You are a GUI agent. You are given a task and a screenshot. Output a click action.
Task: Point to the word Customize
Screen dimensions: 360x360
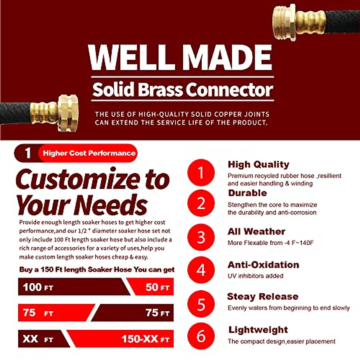78,179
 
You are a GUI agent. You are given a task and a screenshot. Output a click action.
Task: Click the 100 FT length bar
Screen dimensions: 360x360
72,287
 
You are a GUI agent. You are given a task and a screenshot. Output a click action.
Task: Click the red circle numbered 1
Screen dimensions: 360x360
201,173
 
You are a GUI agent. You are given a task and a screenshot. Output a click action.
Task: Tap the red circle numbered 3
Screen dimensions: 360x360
201,237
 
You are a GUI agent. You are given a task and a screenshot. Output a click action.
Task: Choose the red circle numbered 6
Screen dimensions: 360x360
201,336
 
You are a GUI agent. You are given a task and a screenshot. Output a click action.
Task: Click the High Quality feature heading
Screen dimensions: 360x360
258,164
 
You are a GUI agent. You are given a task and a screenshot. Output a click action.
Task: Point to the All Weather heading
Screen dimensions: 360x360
256,232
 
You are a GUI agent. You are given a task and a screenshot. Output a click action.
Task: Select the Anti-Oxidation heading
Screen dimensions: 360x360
263,265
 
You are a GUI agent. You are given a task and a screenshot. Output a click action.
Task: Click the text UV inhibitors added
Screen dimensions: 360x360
255,276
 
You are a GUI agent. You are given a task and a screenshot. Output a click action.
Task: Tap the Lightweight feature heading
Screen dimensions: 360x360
258,330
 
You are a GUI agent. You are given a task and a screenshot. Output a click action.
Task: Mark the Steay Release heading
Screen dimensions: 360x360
262,296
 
